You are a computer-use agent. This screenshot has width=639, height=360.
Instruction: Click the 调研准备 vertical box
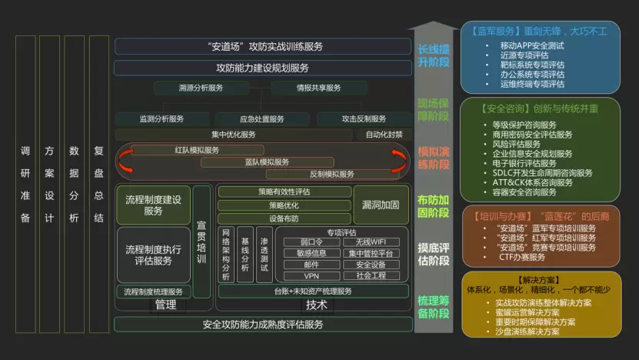coord(25,185)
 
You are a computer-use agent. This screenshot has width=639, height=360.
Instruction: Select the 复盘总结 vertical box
coord(98,185)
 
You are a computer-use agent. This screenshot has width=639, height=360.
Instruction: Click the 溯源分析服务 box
coord(199,88)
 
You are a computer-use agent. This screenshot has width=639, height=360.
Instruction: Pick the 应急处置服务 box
coord(261,119)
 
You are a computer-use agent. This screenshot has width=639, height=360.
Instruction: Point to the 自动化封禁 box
coord(384,134)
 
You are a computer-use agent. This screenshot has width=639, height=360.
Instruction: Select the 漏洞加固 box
coord(381,205)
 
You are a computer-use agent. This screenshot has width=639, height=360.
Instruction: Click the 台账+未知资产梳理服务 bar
coord(313,292)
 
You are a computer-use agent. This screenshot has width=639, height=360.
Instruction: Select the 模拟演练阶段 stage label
coord(433,158)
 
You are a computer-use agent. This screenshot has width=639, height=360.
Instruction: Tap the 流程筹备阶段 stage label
coord(433,306)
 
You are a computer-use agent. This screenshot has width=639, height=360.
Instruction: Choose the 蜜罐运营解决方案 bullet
coord(528,312)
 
